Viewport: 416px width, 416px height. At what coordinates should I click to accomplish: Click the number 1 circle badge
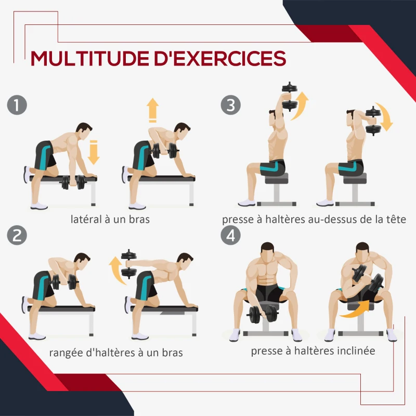pyautogui.click(x=17, y=105)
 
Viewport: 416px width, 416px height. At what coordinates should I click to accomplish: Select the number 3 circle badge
pyautogui.click(x=230, y=105)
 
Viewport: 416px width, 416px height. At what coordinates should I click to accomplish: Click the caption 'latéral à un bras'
pyautogui.click(x=110, y=219)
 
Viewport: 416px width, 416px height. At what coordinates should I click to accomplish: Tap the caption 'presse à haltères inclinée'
pyautogui.click(x=313, y=351)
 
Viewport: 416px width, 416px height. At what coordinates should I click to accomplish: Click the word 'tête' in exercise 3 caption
pyautogui.click(x=394, y=219)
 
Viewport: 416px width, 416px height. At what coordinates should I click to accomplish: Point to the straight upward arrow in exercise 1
pyautogui.click(x=152, y=110)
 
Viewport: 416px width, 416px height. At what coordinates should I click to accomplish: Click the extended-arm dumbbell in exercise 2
pyautogui.click(x=128, y=264)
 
